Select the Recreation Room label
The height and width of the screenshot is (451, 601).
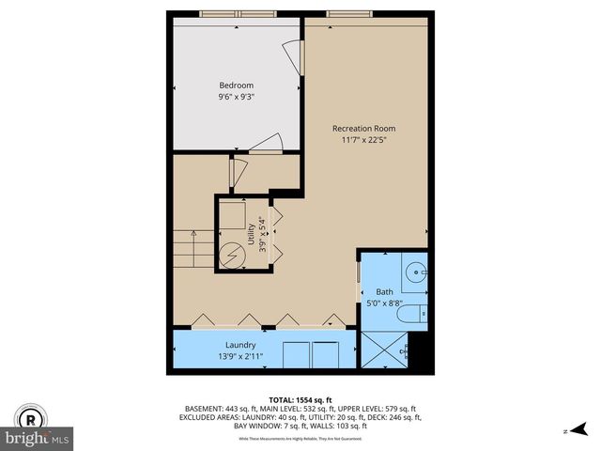pos(363,128)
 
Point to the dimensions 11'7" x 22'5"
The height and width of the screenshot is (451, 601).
pos(363,140)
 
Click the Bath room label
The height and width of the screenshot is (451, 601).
pos(385,291)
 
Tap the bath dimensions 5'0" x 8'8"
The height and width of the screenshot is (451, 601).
pos(385,303)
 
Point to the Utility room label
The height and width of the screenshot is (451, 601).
pos(251,234)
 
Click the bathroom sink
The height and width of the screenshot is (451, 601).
pos(416,273)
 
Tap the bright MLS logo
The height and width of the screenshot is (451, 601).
pos(38,439)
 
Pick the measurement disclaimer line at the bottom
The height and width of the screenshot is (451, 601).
pos(300,439)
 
